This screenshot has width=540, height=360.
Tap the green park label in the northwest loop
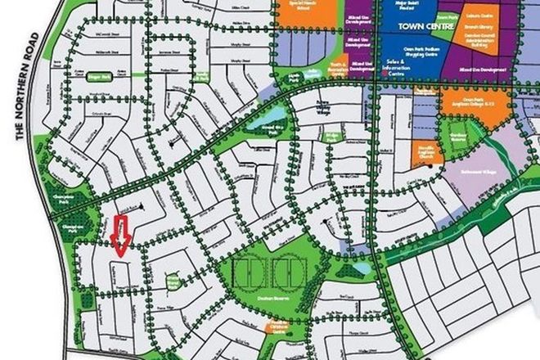[x=99, y=75]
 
